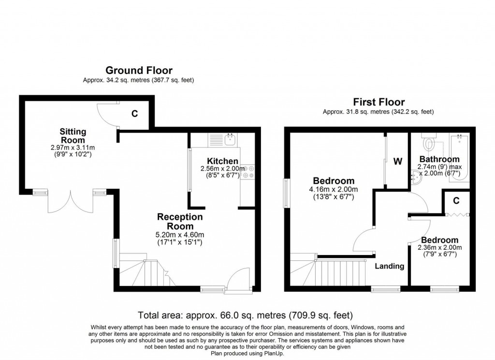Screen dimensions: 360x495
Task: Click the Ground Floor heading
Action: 139,71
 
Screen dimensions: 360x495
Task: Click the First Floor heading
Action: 379,102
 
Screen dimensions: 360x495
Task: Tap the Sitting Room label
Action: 73,135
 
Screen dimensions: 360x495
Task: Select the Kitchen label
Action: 222,161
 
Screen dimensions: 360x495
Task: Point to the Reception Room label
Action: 180,221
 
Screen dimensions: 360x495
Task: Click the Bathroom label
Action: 439,159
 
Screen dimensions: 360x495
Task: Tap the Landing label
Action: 389,266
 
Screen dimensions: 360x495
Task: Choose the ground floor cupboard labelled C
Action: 135,114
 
